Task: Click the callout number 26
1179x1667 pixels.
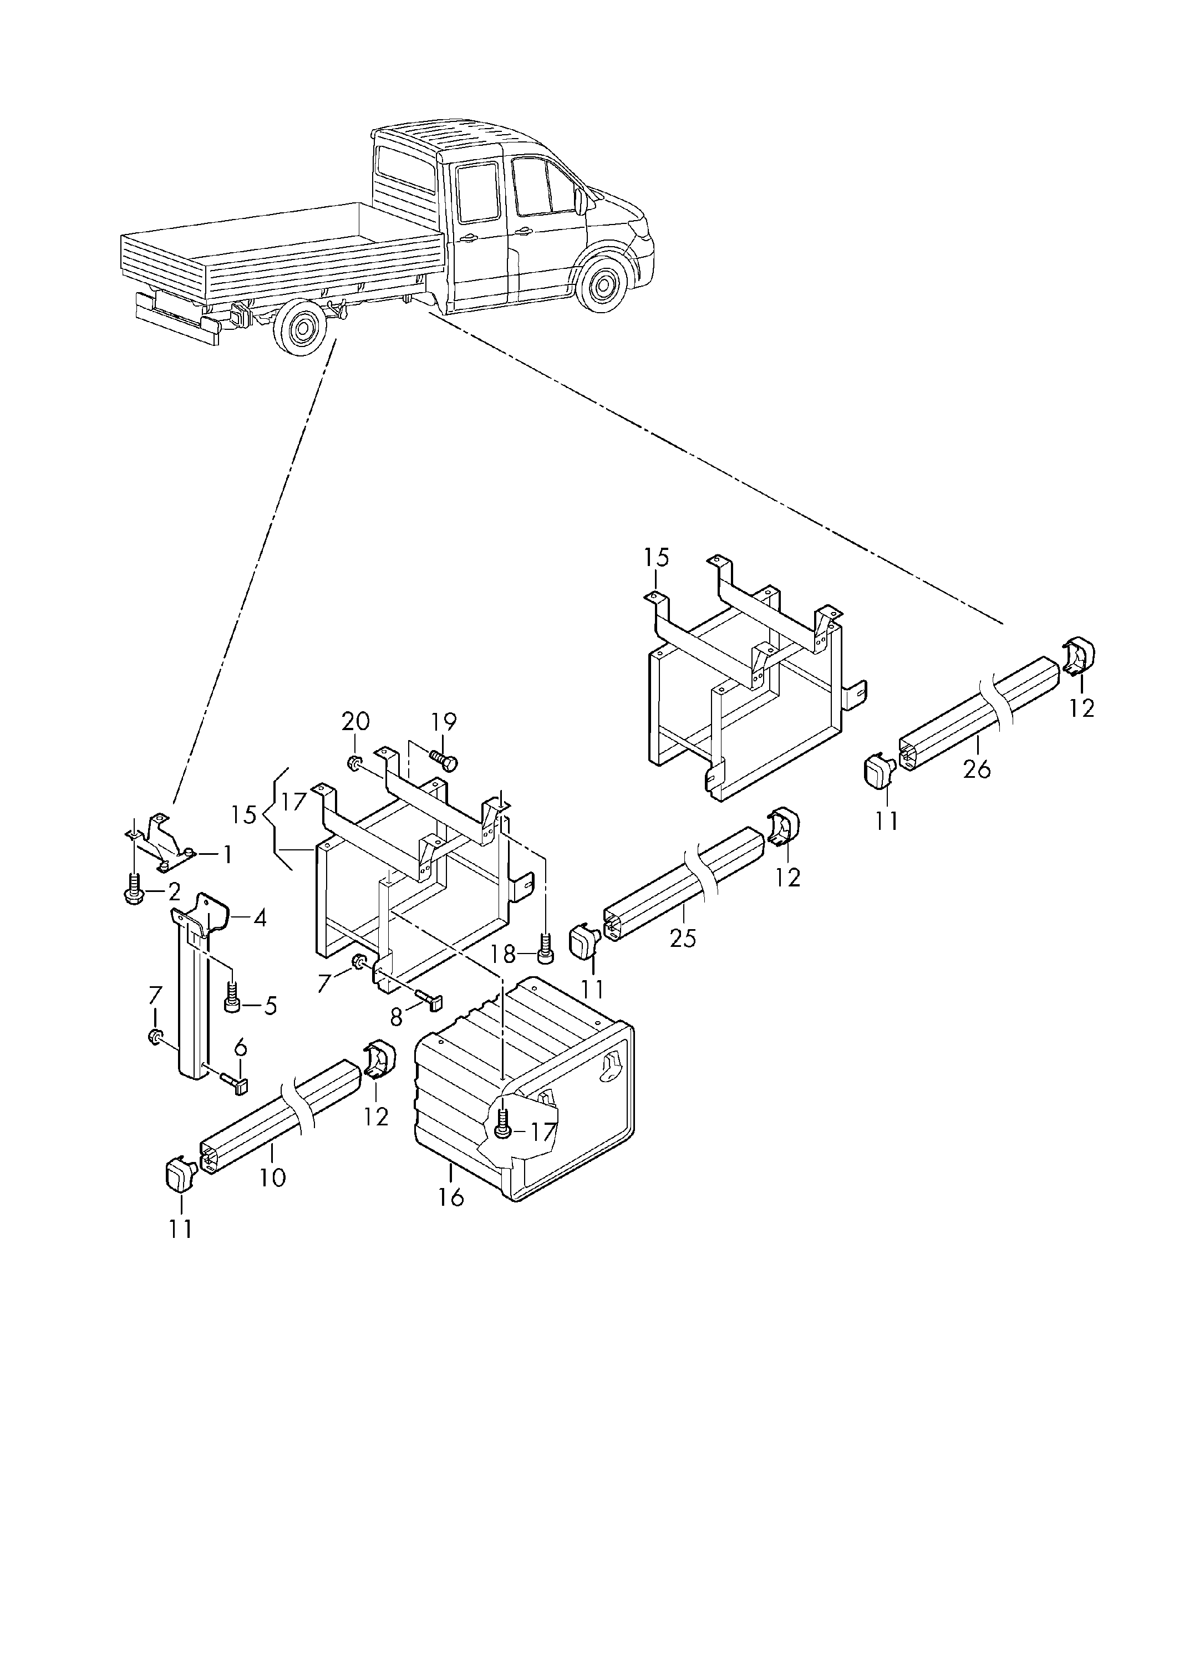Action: coord(977,768)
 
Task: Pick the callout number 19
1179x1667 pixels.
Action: coord(443,722)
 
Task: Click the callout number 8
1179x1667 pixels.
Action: coord(396,1017)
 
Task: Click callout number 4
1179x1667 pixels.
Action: coord(260,919)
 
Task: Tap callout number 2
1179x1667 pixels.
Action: coord(174,891)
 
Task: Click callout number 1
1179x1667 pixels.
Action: coord(227,854)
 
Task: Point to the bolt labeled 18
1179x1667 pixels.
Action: coord(546,950)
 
